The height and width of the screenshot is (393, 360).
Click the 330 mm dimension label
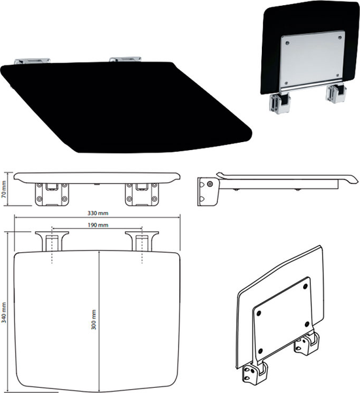[98, 214]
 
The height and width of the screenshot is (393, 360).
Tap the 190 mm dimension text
[98, 225]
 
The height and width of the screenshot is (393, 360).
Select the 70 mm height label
[4, 189]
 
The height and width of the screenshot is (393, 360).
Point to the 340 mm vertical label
[4, 312]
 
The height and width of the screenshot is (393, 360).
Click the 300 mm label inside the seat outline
[94, 320]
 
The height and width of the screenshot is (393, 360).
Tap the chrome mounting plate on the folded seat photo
[312, 60]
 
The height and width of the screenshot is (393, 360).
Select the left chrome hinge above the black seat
[32, 61]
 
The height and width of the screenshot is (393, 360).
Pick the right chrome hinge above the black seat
[125, 59]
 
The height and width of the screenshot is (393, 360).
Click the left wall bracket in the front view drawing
[52, 195]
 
